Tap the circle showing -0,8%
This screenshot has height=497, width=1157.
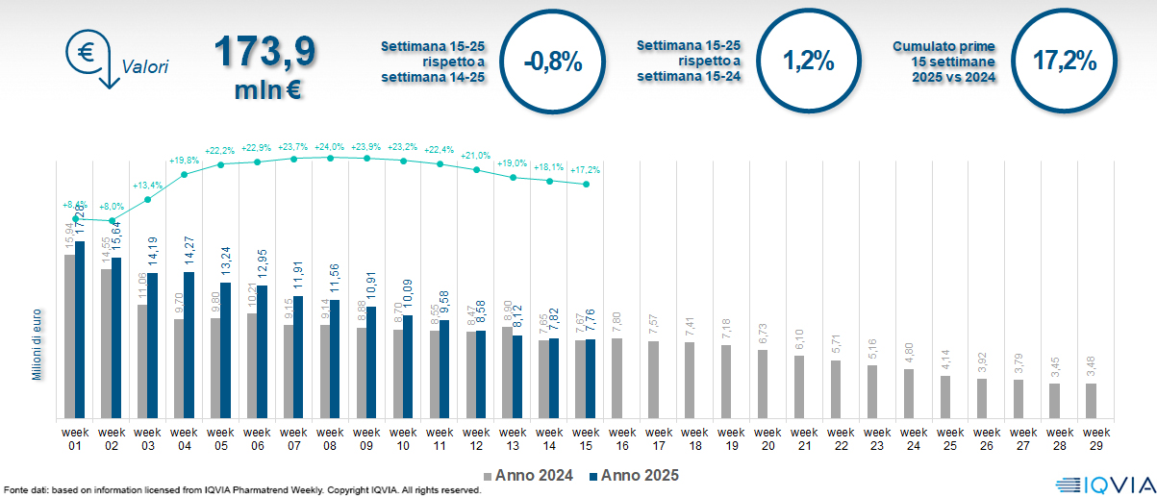pyautogui.click(x=553, y=62)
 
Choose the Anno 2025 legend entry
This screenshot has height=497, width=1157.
pyautogui.click(x=635, y=475)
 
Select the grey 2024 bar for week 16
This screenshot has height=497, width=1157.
pyautogui.click(x=616, y=378)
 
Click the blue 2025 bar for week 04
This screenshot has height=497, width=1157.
pyautogui.click(x=189, y=345)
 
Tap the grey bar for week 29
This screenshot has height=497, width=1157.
pyautogui.click(x=1091, y=401)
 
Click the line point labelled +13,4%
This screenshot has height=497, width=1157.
pyautogui.click(x=148, y=200)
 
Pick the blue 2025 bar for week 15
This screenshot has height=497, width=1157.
pyautogui.click(x=591, y=379)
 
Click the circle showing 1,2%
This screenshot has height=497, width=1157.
pyautogui.click(x=808, y=62)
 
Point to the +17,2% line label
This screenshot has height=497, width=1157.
pyautogui.click(x=587, y=169)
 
